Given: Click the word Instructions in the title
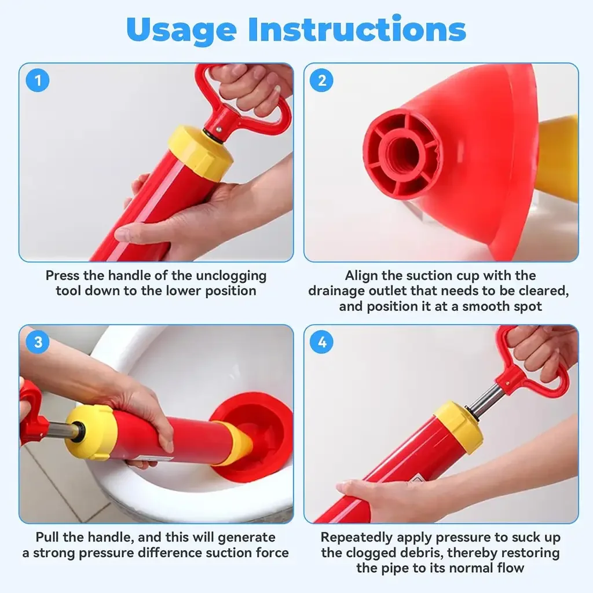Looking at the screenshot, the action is [357, 29].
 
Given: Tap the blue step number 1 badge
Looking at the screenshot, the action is [38, 80].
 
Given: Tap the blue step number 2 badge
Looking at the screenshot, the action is [321, 80].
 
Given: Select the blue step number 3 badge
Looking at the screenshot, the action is [38, 342].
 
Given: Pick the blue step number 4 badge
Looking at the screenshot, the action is [321, 342].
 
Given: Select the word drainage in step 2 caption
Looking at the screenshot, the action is [336, 291].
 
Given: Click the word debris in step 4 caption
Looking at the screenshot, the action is [420, 553].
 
